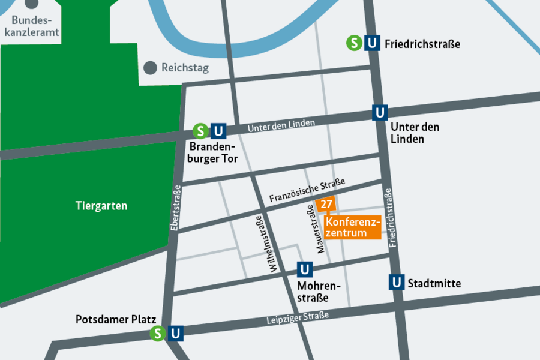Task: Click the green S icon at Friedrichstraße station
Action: point(355,43)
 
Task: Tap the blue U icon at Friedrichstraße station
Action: point(373,43)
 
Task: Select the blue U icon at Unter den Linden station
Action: point(380,112)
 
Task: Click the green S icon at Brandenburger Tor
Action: point(200,131)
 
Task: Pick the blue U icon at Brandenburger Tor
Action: point(218,131)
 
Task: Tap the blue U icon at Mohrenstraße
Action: point(305,269)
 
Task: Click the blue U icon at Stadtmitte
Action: point(396,283)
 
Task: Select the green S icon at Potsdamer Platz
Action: point(158,334)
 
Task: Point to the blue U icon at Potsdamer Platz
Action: point(175,334)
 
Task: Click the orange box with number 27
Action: point(326,205)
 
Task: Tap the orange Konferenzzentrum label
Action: point(353,227)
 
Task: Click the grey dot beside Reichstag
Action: point(150,68)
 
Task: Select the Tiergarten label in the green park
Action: point(101,206)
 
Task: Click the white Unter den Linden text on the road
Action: point(281,125)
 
